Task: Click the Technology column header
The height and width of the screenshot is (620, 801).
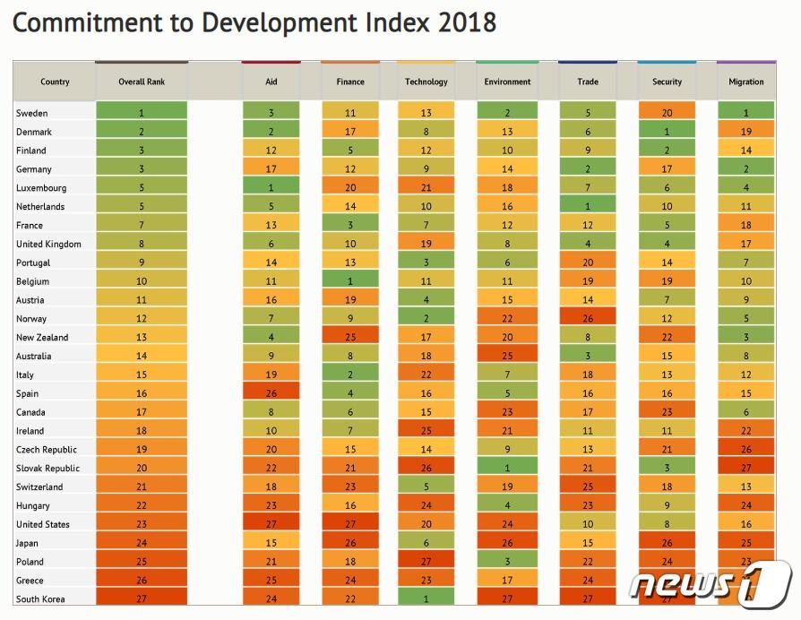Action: pos(426,82)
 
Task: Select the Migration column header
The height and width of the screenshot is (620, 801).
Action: pos(746,82)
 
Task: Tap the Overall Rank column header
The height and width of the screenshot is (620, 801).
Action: pos(142,82)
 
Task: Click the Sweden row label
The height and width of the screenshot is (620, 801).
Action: pos(32,114)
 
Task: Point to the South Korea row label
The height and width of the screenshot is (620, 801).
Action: pos(41,599)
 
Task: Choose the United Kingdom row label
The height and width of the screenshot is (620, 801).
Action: pos(48,245)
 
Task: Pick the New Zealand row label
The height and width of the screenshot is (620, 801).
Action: pos(41,338)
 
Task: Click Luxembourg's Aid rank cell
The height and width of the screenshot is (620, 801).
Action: pos(271,188)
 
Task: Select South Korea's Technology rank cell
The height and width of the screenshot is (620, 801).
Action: pos(426,599)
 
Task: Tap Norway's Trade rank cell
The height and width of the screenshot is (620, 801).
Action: pos(588,319)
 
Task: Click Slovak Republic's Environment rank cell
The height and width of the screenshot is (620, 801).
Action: pos(507,469)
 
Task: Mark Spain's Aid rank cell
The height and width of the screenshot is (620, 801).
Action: pos(271,394)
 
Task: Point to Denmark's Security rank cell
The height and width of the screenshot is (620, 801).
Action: pos(667,133)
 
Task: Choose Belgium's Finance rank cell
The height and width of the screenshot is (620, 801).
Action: pos(350,281)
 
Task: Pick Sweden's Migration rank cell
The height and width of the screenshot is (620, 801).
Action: pos(746,114)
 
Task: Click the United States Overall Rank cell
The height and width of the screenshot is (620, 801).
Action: pos(142,525)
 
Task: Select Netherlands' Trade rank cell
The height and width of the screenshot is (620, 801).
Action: pos(588,207)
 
